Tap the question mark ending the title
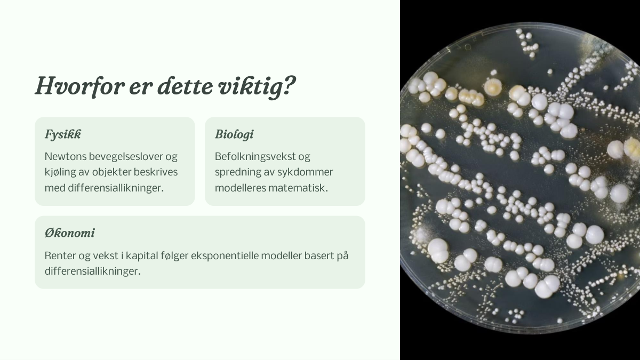point(290,85)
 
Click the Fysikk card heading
point(63,134)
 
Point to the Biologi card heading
point(234,134)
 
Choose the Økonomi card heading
point(70,233)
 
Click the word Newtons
point(65,157)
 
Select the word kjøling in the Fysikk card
point(60,172)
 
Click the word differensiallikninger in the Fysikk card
point(116,188)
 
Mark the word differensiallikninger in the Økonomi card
point(93,271)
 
